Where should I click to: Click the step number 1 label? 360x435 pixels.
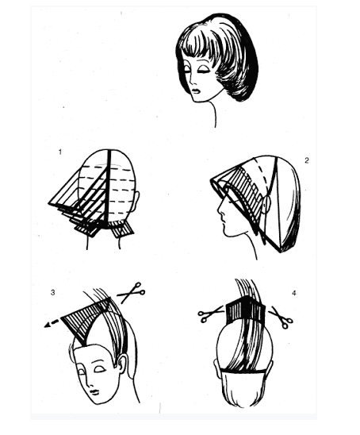pyautogui.click(x=60, y=152)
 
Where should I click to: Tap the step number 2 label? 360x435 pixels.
pyautogui.click(x=307, y=160)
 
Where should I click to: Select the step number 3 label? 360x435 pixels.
pyautogui.click(x=52, y=292)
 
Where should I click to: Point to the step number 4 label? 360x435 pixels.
pyautogui.click(x=294, y=293)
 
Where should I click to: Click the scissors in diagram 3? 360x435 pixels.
pyautogui.click(x=131, y=293)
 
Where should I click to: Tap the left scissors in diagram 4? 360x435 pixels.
pyautogui.click(x=211, y=314)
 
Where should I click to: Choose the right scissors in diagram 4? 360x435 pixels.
pyautogui.click(x=281, y=318)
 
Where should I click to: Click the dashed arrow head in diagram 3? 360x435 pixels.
pyautogui.click(x=47, y=325)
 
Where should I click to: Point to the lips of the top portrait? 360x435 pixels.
pyautogui.click(x=196, y=90)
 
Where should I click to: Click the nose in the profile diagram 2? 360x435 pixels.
pyautogui.click(x=220, y=213)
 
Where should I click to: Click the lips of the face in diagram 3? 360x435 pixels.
pyautogui.click(x=95, y=392)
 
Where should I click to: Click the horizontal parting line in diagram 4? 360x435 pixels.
pyautogui.click(x=244, y=370)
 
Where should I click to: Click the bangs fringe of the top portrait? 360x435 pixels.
pyautogui.click(x=197, y=48)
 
